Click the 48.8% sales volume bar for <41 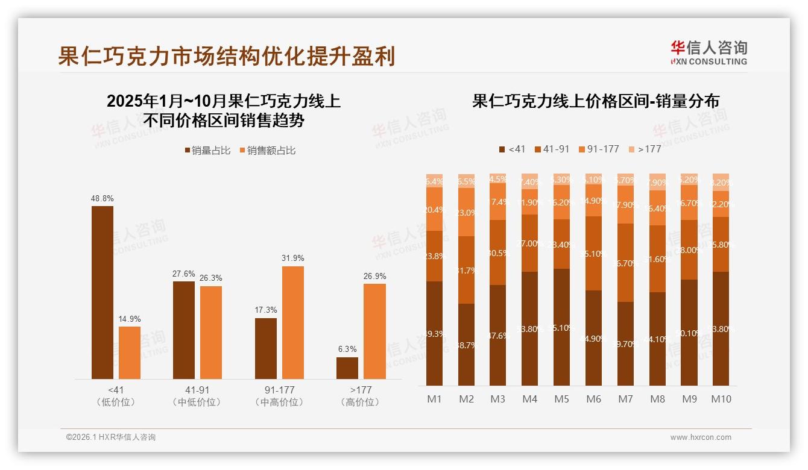[103, 292]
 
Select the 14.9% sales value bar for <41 [130, 352]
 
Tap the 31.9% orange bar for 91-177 [293, 322]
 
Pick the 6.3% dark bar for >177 [347, 368]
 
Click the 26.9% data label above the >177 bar [374, 276]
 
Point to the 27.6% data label [184, 274]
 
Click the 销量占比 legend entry [207, 151]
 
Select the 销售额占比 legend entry [268, 151]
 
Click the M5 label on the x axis [561, 399]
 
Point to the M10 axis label [721, 399]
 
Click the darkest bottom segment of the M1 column [434, 333]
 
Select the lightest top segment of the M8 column [658, 182]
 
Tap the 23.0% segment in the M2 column [466, 212]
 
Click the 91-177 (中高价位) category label [279, 396]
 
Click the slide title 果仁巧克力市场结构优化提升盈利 [227, 56]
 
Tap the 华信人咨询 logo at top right [709, 52]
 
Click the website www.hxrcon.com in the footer [701, 437]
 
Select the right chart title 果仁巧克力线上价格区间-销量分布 [596, 101]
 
